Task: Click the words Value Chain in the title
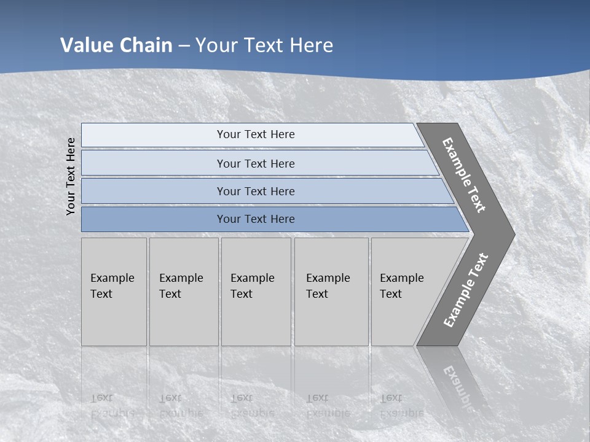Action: tap(116, 45)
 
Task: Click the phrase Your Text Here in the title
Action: tap(264, 45)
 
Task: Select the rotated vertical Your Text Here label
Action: tap(71, 176)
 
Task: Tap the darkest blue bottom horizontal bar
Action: tap(154, 219)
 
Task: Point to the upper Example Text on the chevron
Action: tap(464, 175)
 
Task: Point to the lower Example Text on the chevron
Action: tap(466, 290)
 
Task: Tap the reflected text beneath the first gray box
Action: tap(112, 406)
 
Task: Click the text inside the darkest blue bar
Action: tap(256, 219)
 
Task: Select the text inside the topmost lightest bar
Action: tap(256, 134)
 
